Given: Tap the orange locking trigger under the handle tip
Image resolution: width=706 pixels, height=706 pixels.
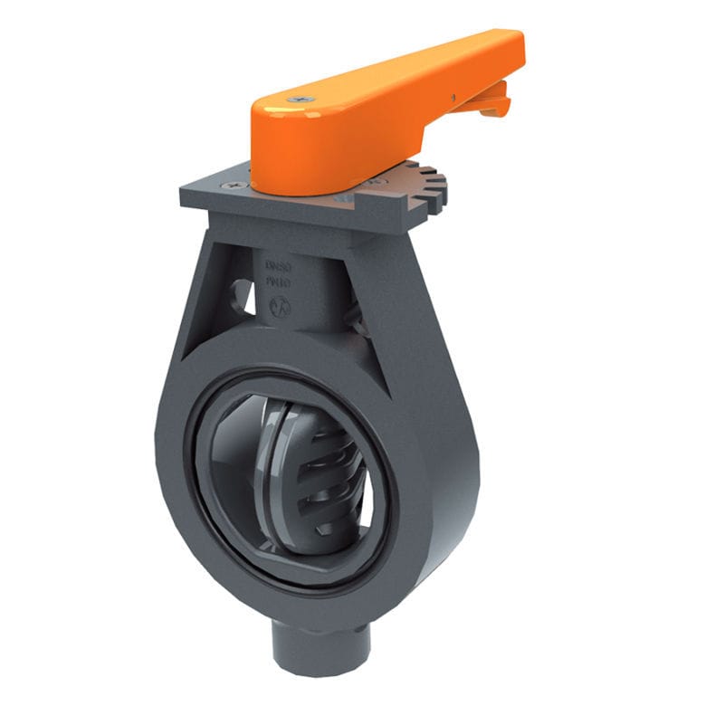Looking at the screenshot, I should (x=494, y=98).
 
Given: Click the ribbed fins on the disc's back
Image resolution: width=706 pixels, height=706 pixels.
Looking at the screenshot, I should (x=330, y=480).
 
